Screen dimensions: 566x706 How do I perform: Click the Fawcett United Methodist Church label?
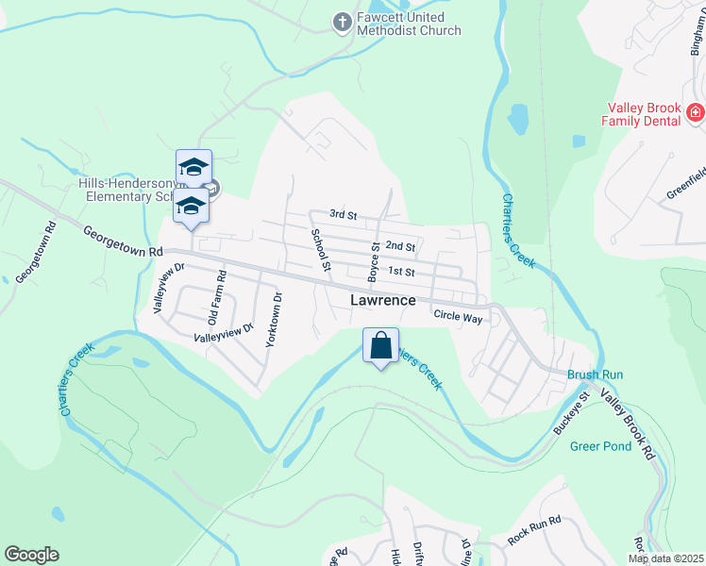click(x=410, y=24)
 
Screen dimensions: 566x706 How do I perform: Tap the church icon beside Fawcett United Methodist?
click(x=343, y=19)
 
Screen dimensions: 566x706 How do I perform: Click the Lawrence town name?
click(x=383, y=300)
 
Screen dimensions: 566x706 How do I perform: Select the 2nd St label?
click(x=401, y=246)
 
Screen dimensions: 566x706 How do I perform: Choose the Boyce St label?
click(x=374, y=261)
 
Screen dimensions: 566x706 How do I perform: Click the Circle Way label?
click(x=459, y=318)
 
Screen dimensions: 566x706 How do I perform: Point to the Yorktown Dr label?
click(x=274, y=320)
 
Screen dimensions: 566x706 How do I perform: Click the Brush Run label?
click(x=595, y=375)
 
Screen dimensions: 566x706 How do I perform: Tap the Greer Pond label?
click(x=601, y=446)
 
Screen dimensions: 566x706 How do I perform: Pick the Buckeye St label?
click(x=571, y=411)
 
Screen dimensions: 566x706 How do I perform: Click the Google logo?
click(x=31, y=555)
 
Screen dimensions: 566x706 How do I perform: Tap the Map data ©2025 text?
click(x=664, y=558)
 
